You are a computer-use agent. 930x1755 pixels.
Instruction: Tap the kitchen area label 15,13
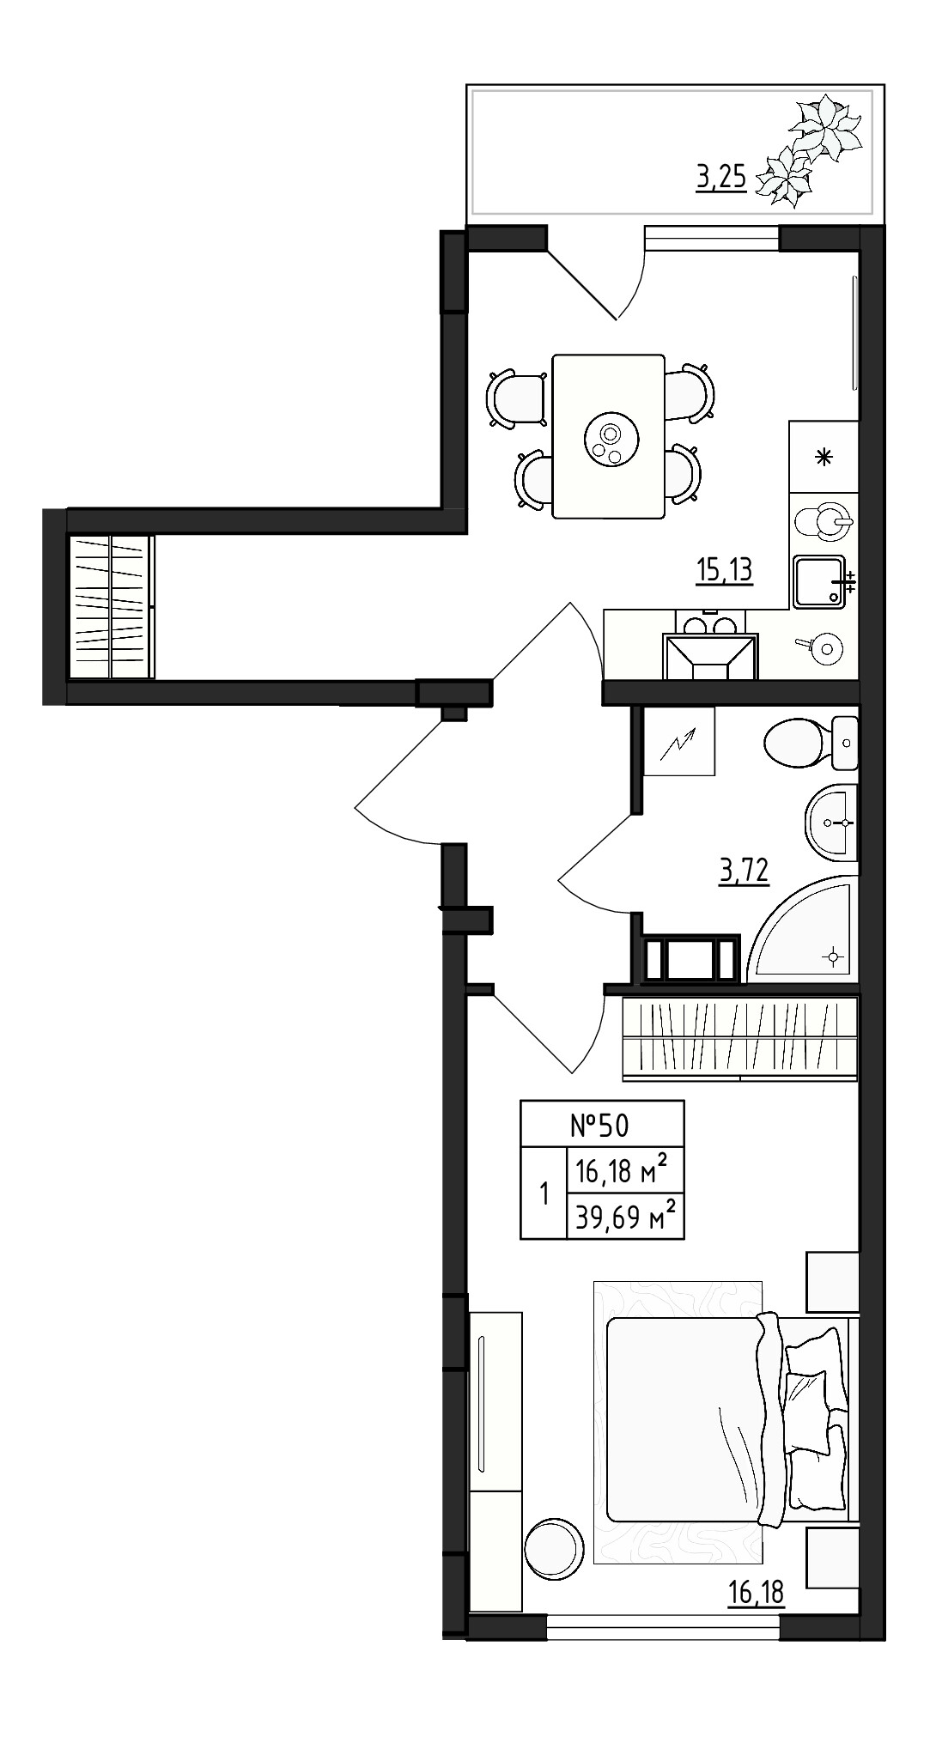click(724, 569)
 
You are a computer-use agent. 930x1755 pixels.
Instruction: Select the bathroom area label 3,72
click(744, 871)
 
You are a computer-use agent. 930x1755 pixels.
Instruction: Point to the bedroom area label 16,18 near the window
click(755, 1593)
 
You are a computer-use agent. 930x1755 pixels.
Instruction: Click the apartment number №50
click(601, 1125)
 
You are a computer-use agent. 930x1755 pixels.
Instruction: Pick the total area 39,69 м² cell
click(625, 1216)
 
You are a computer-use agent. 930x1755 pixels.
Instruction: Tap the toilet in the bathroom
click(809, 744)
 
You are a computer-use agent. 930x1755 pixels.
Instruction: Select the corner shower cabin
click(804, 928)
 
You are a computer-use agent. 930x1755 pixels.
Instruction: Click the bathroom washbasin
click(831, 823)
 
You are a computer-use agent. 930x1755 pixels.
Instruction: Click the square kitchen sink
click(818, 582)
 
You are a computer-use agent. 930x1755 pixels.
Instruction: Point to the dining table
click(609, 436)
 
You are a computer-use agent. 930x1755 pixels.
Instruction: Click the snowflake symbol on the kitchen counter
click(823, 457)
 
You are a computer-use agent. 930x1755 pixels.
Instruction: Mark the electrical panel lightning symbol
click(678, 742)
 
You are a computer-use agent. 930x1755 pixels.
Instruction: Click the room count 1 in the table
click(544, 1193)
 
